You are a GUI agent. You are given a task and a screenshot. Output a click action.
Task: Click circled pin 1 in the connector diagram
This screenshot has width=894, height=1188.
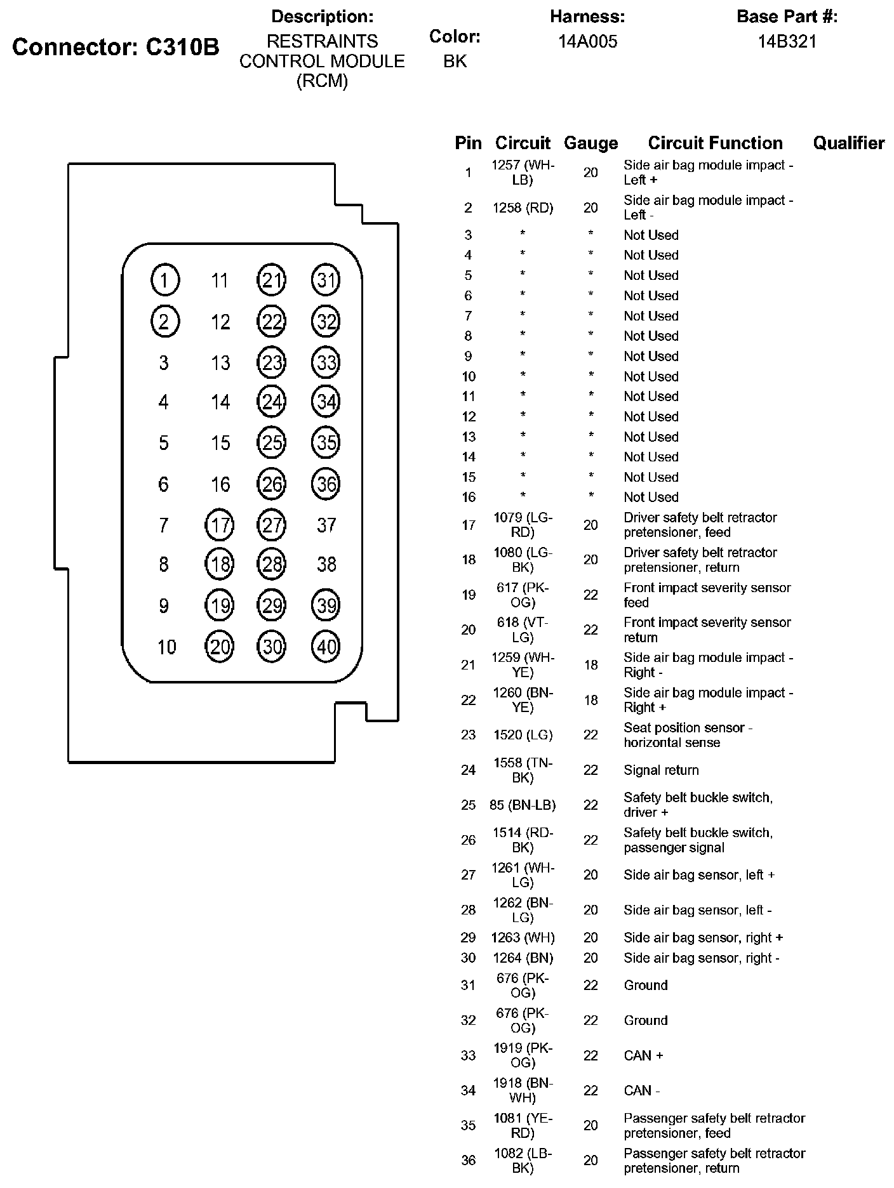[165, 280]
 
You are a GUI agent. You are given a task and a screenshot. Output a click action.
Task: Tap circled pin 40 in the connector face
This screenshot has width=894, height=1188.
[326, 647]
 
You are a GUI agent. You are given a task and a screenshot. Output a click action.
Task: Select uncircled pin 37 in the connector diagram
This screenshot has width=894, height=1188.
[326, 525]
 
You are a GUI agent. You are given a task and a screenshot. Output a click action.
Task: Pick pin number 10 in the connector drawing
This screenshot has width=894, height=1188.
[166, 647]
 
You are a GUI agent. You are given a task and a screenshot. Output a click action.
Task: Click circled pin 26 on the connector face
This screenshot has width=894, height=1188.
[272, 484]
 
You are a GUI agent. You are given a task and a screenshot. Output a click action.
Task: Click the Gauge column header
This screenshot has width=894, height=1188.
[590, 143]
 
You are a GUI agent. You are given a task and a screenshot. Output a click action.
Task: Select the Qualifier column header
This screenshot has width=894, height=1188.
[848, 143]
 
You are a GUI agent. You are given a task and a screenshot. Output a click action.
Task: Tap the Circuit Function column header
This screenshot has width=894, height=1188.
[715, 143]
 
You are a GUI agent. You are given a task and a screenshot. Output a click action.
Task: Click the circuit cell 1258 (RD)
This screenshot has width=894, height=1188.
[523, 208]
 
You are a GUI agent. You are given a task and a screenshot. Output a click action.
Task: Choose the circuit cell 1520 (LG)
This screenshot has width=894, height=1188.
[523, 735]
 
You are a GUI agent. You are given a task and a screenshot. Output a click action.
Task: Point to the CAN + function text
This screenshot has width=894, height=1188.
[643, 1055]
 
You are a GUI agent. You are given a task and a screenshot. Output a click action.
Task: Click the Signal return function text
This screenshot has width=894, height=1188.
[661, 770]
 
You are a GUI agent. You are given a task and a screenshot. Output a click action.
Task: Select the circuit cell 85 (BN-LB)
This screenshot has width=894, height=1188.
[523, 805]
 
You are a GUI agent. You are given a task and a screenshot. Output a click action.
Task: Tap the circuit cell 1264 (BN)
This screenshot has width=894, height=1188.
[523, 958]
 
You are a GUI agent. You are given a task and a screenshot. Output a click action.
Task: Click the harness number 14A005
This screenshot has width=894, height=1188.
[587, 42]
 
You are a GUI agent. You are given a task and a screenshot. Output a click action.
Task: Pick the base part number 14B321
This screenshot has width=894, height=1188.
[787, 42]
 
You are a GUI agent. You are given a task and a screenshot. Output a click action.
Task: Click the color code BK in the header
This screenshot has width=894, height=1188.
[455, 61]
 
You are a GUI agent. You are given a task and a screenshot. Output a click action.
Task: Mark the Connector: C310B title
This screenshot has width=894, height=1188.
[116, 47]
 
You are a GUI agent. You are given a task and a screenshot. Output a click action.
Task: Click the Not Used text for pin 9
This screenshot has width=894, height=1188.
[651, 356]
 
